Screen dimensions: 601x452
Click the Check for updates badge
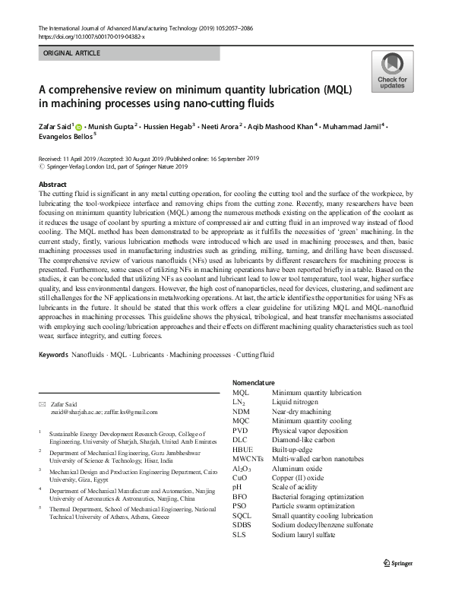393,72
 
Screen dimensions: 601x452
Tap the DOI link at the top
92,36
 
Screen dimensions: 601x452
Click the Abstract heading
52,185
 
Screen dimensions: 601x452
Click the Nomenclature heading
256,383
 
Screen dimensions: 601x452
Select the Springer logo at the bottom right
403,584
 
